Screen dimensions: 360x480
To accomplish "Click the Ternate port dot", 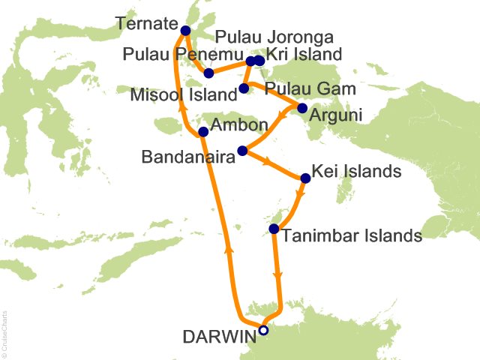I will coord(185,31).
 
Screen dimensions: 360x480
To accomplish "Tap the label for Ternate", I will coord(147,24).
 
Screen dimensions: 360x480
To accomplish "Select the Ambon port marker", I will coord(202,132).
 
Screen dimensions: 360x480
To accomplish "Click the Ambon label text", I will coord(238,124).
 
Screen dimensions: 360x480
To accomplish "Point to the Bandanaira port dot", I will coord(241,151).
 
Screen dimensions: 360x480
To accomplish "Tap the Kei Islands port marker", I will coord(305,178).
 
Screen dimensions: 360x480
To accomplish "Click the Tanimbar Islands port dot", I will coord(274,229).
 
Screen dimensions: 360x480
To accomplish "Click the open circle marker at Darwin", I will coord(263,329).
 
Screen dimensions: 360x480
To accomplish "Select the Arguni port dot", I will coord(302,108).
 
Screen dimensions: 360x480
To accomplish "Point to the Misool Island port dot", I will coord(243,88).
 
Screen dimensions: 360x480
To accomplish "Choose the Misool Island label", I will coord(184,95).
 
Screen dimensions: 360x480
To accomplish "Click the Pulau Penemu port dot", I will coord(209,73).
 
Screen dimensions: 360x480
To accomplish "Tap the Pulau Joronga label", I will coord(274,36).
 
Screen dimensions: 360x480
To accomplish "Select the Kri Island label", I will coord(304,54).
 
